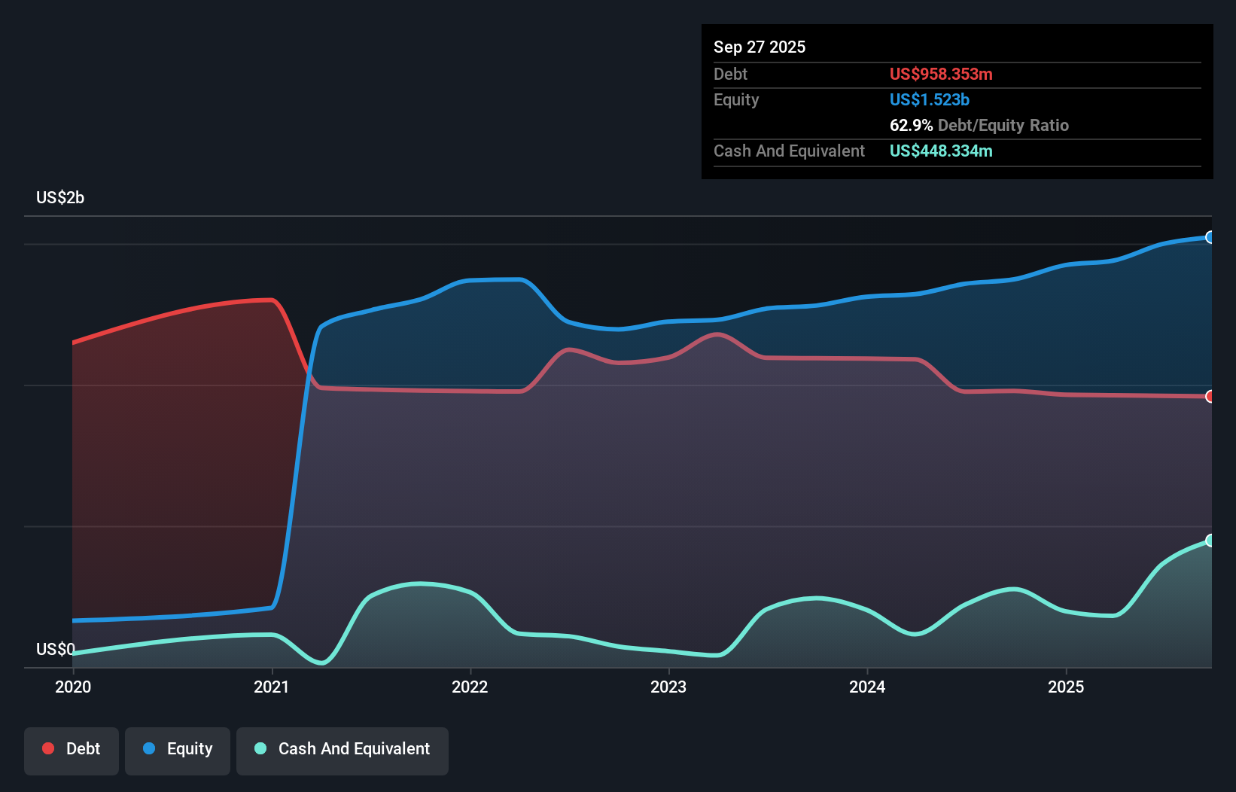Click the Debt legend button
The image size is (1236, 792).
72,750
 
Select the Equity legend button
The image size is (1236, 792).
178,750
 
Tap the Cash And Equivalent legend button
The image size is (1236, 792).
342,750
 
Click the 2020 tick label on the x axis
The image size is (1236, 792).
73,687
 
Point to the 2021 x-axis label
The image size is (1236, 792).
272,687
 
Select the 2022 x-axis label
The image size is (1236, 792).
470,687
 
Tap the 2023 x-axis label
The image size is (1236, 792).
668,687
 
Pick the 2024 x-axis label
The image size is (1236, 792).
867,687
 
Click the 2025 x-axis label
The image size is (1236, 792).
1066,687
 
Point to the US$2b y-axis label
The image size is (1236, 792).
60,198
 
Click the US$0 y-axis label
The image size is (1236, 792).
56,649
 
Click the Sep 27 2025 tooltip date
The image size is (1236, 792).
760,47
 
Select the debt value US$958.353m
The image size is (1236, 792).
941,75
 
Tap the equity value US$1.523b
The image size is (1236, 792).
930,100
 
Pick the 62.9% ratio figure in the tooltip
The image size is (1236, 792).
911,126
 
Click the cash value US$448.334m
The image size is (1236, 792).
941,151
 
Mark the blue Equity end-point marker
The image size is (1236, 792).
1210,237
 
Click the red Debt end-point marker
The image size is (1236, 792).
1210,397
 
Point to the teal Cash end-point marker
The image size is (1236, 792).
1210,541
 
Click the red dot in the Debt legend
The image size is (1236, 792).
48,748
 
